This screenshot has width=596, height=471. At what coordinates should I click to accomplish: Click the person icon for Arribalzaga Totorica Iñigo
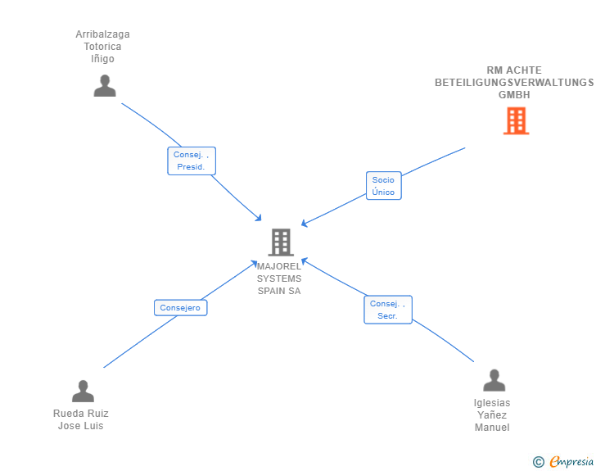[x=105, y=86]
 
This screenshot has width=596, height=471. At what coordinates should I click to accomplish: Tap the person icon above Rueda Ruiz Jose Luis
[x=83, y=391]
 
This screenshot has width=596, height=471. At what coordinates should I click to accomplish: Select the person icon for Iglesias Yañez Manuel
[x=494, y=380]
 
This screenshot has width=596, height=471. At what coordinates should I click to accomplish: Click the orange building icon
[x=516, y=121]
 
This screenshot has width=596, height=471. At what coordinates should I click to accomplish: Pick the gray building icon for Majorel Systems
[x=281, y=242]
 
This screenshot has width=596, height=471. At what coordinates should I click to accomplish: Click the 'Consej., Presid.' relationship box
[x=192, y=161]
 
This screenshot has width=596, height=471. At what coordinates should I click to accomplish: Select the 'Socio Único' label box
[x=383, y=186]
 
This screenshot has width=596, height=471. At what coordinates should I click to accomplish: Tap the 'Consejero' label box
[x=181, y=308]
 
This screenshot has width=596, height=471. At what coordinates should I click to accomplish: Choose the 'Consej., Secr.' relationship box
[x=388, y=310]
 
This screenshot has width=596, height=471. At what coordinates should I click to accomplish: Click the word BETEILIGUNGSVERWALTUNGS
[x=514, y=83]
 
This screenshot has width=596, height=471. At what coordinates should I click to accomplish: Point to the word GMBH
[x=514, y=95]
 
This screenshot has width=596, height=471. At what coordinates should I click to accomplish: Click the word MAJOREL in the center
[x=279, y=266]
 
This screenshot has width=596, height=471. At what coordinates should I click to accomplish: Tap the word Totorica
[x=102, y=47]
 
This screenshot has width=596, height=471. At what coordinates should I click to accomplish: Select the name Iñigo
[x=102, y=59]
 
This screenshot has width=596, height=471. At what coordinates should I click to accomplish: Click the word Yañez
[x=492, y=415]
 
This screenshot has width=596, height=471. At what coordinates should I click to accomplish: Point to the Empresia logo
[x=571, y=461]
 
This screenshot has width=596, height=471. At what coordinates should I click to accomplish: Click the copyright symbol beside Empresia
[x=539, y=462]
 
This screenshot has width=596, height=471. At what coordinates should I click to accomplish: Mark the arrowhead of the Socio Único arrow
[x=304, y=224]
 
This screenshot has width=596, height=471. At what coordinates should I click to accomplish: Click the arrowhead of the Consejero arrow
[x=254, y=263]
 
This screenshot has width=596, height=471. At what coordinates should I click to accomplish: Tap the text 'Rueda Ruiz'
[x=81, y=414]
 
